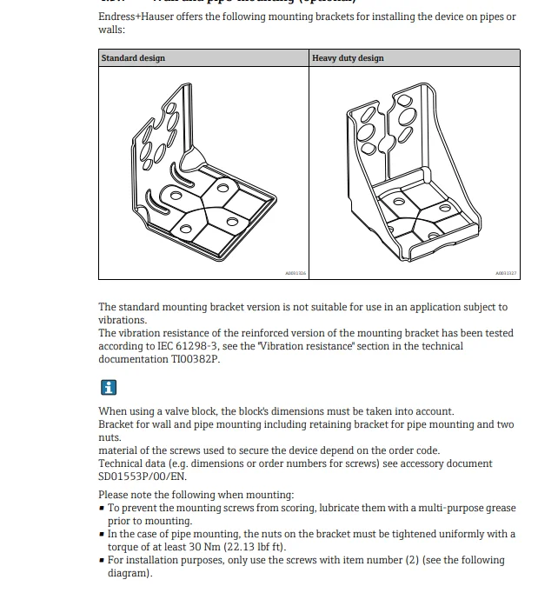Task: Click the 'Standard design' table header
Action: [x=133, y=58]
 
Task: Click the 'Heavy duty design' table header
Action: [x=348, y=58]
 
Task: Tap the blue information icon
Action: [x=108, y=387]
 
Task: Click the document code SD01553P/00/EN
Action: [x=142, y=476]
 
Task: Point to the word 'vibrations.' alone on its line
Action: [x=123, y=320]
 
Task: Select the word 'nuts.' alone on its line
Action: [x=110, y=438]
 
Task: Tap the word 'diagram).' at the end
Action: [x=130, y=573]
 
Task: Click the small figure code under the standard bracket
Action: [x=296, y=273]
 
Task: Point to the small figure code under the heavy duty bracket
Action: [x=507, y=273]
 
